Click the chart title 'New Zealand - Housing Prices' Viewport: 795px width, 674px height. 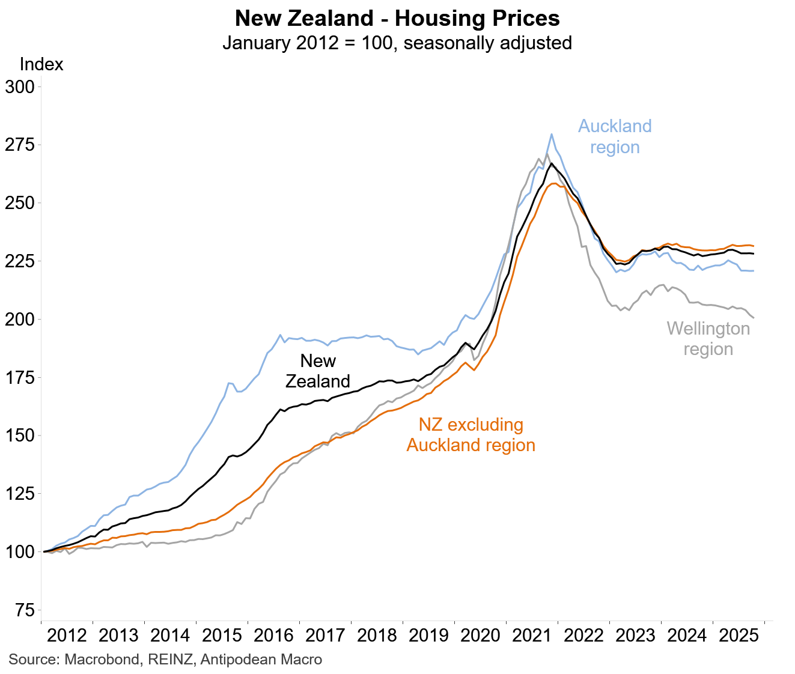click(x=397, y=19)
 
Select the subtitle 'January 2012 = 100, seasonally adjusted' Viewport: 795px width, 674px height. click(x=397, y=43)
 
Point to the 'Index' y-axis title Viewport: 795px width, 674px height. click(x=41, y=64)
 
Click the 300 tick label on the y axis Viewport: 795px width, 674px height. click(x=20, y=87)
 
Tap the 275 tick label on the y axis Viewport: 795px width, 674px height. click(x=20, y=145)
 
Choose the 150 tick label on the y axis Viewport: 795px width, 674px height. click(x=20, y=436)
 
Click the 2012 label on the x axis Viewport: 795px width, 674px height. click(x=67, y=636)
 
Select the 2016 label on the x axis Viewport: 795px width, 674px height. click(x=273, y=636)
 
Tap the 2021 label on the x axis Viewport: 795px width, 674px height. click(x=532, y=636)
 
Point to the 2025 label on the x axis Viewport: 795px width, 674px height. click(x=739, y=636)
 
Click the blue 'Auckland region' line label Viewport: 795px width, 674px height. click(x=615, y=136)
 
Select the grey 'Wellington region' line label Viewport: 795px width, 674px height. click(x=708, y=339)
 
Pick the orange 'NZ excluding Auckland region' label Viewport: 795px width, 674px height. click(x=471, y=435)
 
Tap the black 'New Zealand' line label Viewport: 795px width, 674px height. click(x=318, y=371)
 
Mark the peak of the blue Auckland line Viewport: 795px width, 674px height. click(x=552, y=135)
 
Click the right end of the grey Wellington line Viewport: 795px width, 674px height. click(x=754, y=318)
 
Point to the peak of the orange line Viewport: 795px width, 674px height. click(x=553, y=184)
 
